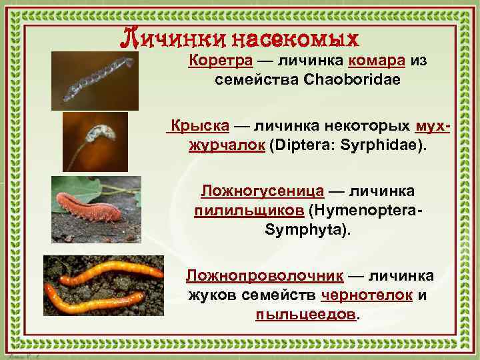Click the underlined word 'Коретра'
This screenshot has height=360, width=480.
pyautogui.click(x=221, y=61)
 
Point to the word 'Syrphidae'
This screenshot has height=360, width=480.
pyautogui.click(x=379, y=144)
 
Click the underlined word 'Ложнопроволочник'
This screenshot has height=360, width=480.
pyautogui.click(x=265, y=275)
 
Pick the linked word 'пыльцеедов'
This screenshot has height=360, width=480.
pyautogui.click(x=306, y=314)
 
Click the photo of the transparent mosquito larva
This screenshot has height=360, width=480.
pyautogui.click(x=95, y=81)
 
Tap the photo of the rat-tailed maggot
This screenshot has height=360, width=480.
pyautogui.click(x=95, y=141)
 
